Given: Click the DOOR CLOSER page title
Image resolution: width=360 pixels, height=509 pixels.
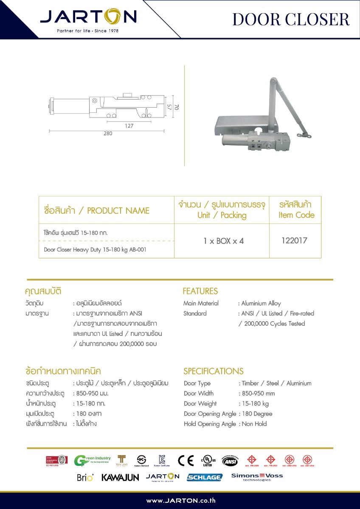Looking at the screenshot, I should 291,19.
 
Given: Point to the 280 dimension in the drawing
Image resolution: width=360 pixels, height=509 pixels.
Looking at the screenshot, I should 108,134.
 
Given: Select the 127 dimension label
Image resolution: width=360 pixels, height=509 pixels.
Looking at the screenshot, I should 129,126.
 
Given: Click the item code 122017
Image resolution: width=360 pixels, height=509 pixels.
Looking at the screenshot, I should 294,241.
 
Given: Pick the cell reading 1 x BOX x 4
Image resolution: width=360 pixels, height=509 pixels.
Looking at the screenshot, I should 224,241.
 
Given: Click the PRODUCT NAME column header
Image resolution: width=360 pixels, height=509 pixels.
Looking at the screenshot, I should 97,210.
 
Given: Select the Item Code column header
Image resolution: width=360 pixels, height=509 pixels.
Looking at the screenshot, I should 296,210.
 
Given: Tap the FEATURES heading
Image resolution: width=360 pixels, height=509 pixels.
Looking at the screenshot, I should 200,291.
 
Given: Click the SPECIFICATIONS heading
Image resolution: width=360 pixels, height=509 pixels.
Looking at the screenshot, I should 213,371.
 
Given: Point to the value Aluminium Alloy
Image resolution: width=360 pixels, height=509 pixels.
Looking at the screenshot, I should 261,303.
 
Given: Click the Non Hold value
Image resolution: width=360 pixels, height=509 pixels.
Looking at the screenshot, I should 254,424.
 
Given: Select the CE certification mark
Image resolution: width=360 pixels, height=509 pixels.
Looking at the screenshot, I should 186,461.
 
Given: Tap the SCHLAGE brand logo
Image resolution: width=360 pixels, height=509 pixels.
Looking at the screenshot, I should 205,477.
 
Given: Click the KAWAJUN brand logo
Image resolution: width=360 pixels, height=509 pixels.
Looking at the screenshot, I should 120,478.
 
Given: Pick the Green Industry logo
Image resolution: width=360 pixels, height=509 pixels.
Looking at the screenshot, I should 92,461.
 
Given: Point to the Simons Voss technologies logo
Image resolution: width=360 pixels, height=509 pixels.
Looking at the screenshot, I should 257,477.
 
